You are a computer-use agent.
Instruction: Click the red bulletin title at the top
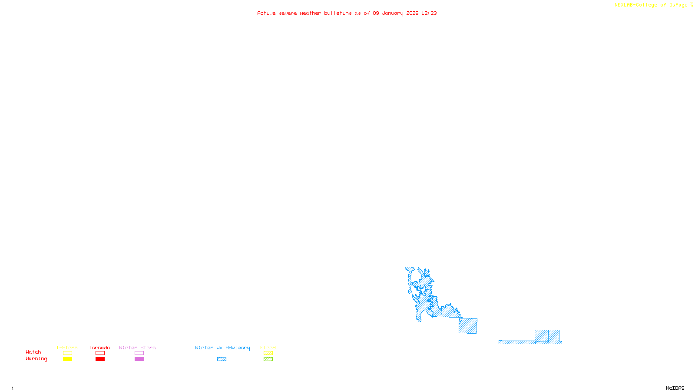coord(347,13)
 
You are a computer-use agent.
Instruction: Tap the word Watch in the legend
coord(33,352)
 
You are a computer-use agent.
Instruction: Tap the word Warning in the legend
coord(36,359)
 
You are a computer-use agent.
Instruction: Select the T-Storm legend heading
coord(67,348)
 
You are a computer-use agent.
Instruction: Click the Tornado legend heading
coord(99,348)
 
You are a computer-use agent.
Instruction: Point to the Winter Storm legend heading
coord(137,348)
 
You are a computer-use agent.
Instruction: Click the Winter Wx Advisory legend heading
coord(222,348)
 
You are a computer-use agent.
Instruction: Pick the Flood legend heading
coord(268,348)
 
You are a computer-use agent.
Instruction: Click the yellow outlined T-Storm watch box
coord(67,353)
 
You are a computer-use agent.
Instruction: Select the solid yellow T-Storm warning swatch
coord(67,359)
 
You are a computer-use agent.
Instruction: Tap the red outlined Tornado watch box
coord(100,353)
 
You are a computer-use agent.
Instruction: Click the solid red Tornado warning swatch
coord(100,359)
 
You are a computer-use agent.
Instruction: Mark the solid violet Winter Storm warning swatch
coord(139,359)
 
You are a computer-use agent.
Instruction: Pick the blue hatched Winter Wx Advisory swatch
coord(222,359)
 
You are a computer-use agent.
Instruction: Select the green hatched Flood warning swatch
coord(268,359)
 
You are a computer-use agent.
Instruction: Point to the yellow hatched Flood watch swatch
coord(268,353)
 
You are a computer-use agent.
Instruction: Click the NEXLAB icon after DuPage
coord(691,5)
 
